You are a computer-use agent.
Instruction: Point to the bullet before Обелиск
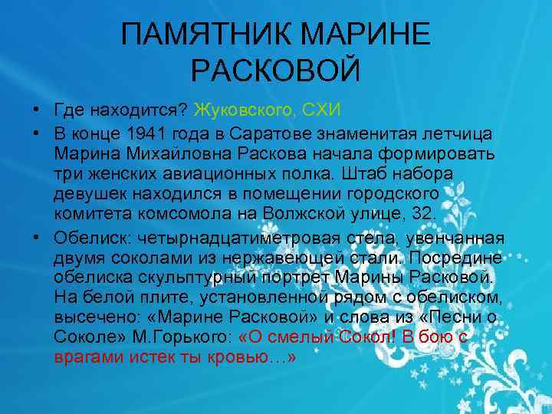click(35, 236)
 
